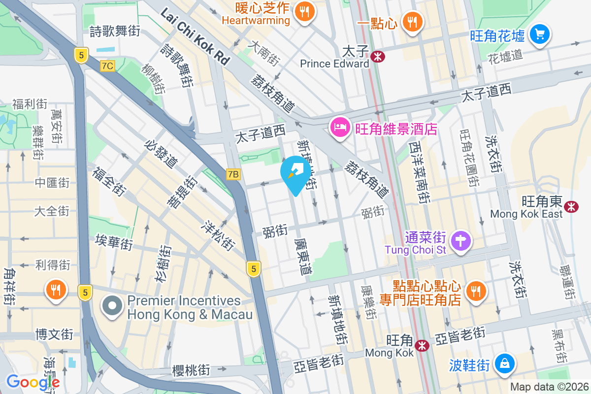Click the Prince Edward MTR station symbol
click(x=378, y=57)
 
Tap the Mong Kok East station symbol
click(x=572, y=207)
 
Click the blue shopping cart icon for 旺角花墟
click(x=540, y=34)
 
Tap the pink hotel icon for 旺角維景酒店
click(x=340, y=128)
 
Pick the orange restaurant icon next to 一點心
click(x=410, y=21)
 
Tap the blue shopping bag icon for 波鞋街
click(x=504, y=364)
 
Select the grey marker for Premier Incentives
click(x=112, y=306)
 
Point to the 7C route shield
click(x=107, y=66)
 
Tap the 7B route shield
click(x=233, y=174)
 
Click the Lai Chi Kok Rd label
click(x=196, y=36)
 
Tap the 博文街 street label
click(x=54, y=334)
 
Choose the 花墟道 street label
click(x=505, y=55)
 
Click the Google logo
click(x=33, y=382)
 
